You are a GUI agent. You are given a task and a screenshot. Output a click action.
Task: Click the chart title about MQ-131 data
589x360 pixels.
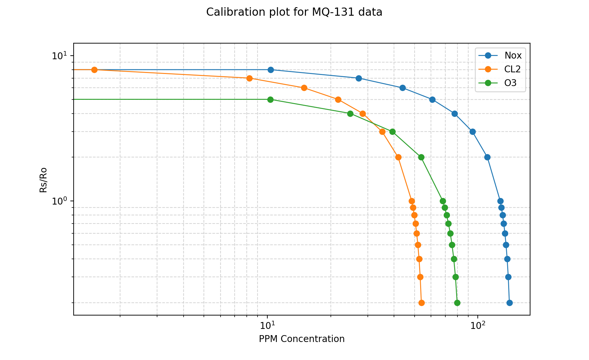[294, 12]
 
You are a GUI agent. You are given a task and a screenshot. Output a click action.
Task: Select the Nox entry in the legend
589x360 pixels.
[513, 55]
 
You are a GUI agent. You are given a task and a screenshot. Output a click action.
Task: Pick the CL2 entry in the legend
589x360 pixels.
[512, 69]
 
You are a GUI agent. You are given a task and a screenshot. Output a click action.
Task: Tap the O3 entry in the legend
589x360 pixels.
[510, 83]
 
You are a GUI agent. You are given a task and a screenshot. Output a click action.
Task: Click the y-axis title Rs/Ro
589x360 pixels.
[44, 180]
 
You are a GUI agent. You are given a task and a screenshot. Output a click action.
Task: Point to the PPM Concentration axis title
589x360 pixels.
[302, 339]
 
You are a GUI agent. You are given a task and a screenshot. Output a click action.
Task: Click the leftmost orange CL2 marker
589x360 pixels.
[94, 70]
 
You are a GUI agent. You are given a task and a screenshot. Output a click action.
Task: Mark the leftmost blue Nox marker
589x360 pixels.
[271, 70]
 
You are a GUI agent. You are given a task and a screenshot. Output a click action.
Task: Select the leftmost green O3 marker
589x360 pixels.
[270, 99]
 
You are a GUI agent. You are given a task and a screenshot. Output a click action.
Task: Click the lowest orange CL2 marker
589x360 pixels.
[421, 303]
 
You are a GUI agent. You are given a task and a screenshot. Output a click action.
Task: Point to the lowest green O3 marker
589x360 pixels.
[457, 303]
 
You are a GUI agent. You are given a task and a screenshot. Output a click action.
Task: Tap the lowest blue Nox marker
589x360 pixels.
[509, 303]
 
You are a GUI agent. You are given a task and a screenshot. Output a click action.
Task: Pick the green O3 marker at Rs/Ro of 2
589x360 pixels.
[421, 157]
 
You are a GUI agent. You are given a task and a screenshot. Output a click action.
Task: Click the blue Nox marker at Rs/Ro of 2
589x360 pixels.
[487, 157]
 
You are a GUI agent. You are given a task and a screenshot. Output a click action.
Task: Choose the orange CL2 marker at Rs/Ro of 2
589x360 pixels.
[398, 157]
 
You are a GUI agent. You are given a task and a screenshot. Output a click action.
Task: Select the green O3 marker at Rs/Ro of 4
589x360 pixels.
[350, 114]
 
